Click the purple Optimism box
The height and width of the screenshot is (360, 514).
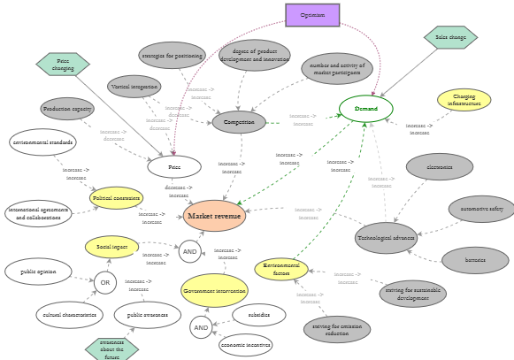(312, 15)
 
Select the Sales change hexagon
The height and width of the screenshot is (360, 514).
(450, 37)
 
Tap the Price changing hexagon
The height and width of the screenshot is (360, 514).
(63, 65)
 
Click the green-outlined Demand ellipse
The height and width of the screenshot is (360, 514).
(366, 109)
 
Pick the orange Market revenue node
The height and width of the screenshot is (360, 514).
(214, 216)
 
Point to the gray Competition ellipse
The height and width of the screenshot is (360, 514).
(239, 122)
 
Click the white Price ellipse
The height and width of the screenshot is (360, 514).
(174, 166)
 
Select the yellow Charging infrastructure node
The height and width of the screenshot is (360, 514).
(464, 100)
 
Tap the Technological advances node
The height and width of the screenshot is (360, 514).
(386, 238)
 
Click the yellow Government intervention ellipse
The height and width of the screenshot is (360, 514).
(214, 290)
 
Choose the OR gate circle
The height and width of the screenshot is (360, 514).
(104, 283)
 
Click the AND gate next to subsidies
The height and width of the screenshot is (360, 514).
(201, 327)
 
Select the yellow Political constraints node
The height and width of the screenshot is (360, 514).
(117, 198)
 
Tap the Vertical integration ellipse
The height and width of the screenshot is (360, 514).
(134, 87)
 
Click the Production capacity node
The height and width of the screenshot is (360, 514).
(67, 109)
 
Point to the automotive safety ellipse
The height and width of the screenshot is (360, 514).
(481, 209)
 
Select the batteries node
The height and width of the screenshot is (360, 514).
(475, 260)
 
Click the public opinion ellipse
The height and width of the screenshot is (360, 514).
(38, 272)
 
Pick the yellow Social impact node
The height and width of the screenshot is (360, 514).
(111, 247)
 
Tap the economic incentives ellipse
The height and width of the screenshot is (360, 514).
(246, 345)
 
